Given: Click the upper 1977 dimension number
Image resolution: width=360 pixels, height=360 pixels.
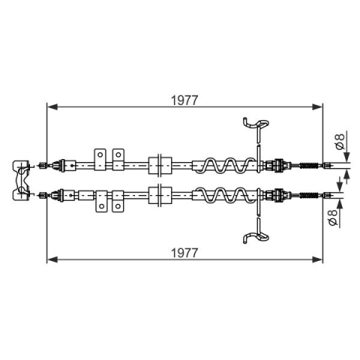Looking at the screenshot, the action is (184, 100).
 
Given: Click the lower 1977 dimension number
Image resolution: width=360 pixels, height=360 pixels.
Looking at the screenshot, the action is (184, 253).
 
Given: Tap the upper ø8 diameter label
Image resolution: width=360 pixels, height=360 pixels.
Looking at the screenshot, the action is (340, 142).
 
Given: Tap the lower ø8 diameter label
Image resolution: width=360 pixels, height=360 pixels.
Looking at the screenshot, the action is (333, 217).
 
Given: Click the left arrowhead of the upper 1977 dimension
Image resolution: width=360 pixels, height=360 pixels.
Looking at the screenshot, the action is (52, 107).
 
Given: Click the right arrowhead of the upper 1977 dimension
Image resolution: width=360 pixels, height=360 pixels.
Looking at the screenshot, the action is (317, 107).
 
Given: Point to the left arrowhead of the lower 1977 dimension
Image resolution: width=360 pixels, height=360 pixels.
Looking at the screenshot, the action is (52, 259).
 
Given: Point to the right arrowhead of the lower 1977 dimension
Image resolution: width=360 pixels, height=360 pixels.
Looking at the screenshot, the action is (317, 259).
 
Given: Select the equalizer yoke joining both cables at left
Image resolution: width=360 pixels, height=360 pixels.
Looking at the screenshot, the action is (21, 180).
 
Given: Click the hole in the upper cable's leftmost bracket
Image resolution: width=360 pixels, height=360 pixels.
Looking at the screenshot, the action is (100, 154).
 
